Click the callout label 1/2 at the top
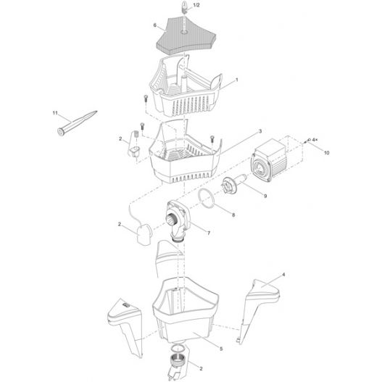pos(196,5)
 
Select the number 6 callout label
pos(154,25)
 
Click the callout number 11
pos(55,113)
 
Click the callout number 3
pos(260,131)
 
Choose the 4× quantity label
pos(315,140)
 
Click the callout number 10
pos(326,153)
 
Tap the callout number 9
pos(265,196)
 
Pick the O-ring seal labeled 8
pos(206,199)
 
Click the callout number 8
pos(233,215)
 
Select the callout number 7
pos(209,233)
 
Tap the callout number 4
pos(283,275)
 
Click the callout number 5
pos(221,349)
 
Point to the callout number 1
pos(236,80)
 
